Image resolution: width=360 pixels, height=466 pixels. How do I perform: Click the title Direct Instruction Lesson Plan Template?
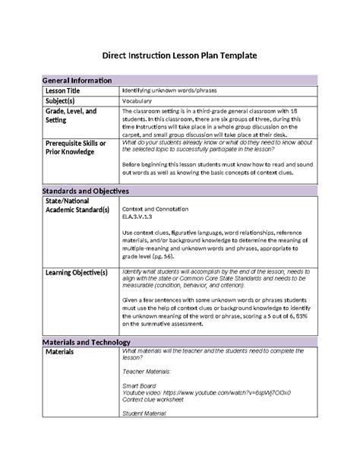[180, 55]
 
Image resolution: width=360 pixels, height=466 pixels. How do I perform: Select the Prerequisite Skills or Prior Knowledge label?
[76, 147]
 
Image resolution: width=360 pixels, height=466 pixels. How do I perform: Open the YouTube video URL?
[207, 393]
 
